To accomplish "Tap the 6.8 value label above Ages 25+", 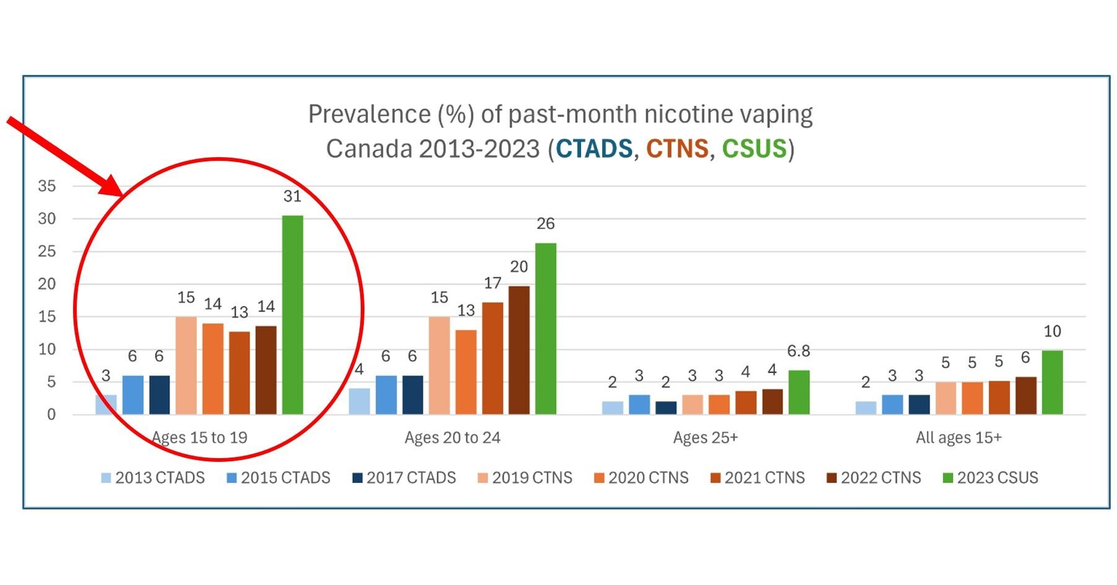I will tap(799, 351).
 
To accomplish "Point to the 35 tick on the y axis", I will tap(46, 186).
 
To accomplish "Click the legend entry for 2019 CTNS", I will tap(525, 478).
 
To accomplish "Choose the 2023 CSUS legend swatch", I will tap(947, 478).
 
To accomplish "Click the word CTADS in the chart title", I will tap(594, 149).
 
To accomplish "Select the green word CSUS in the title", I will tap(753, 149).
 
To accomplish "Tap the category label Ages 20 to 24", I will tap(452, 438).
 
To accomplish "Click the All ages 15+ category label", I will tap(958, 438).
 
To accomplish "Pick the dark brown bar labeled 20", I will tap(519, 350).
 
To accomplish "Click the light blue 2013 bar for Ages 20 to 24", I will tap(359, 401).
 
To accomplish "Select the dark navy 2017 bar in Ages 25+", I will tap(666, 408).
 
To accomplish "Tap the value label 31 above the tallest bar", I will tap(292, 196).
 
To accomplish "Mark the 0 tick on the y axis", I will tap(51, 415).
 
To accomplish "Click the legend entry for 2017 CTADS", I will tap(404, 478).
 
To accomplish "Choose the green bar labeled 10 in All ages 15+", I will tap(1052, 383).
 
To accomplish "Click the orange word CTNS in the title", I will tap(677, 149).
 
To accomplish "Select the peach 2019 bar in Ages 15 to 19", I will tap(186, 365).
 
